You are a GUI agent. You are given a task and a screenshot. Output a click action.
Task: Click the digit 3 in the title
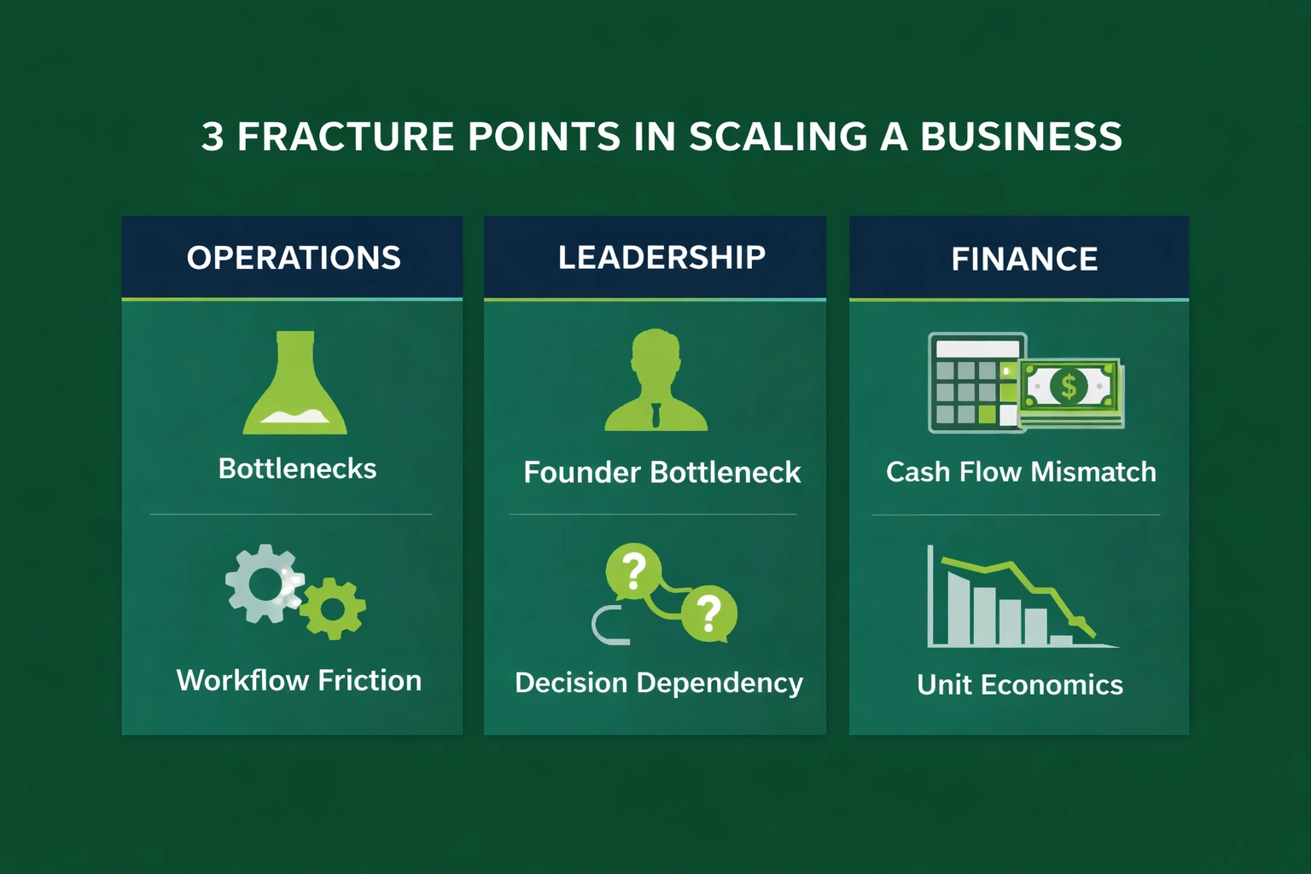click(213, 137)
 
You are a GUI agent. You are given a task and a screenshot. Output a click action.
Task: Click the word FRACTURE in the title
click(345, 137)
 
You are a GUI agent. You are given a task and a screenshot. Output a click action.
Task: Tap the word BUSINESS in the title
click(1021, 137)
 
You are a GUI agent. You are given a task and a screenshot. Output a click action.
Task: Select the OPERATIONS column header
click(294, 258)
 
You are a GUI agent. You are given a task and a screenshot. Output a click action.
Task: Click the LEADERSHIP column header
click(661, 257)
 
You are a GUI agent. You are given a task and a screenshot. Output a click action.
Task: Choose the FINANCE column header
click(1024, 259)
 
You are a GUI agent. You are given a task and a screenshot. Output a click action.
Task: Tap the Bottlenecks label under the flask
click(297, 469)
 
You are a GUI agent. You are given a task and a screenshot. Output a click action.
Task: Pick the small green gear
click(333, 609)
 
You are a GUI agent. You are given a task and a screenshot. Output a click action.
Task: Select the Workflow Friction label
click(299, 680)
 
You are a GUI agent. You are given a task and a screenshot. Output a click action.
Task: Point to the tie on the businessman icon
click(655, 415)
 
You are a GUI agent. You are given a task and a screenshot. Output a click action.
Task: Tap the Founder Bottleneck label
click(661, 472)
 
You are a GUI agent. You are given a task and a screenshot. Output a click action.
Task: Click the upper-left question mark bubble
click(632, 570)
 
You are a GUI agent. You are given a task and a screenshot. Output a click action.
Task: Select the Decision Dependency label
click(659, 683)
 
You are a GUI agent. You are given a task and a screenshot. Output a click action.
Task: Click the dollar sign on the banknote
click(1069, 387)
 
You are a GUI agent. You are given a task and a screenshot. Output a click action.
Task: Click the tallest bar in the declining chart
click(959, 609)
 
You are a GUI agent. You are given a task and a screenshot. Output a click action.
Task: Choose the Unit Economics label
click(1020, 685)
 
